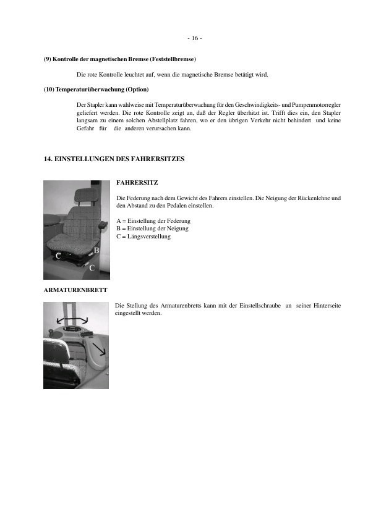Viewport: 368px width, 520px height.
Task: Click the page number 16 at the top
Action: click(x=194, y=38)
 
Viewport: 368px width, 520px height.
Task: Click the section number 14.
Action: click(x=48, y=159)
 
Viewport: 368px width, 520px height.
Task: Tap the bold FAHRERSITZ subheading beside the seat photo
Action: click(x=137, y=183)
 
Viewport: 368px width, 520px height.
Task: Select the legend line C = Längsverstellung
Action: click(x=143, y=236)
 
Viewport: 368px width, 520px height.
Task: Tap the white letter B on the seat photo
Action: click(x=96, y=250)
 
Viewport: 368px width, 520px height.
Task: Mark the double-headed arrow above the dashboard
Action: click(x=72, y=319)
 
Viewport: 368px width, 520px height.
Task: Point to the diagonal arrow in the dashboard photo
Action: click(x=99, y=353)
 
